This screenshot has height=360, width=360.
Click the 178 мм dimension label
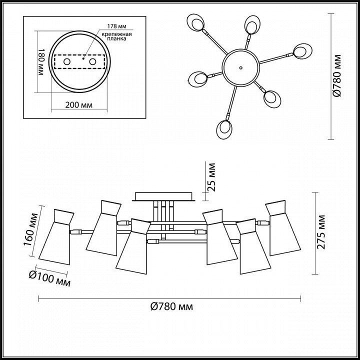[117, 26]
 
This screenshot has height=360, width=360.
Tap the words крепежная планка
[117, 36]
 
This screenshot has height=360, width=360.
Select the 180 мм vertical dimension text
[40, 62]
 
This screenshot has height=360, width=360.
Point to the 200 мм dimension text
[79, 105]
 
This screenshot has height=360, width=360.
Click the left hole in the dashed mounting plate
[67, 62]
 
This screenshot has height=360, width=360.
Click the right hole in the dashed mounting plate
[93, 62]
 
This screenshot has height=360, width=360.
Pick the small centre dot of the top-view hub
[240, 67]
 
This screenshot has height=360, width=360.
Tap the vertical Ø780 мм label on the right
[337, 76]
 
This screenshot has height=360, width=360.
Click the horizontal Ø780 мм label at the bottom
[171, 306]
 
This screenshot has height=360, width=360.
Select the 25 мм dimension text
[211, 177]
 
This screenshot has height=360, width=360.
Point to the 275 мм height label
[321, 232]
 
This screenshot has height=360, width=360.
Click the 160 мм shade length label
[31, 229]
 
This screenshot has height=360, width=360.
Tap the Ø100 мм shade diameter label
[49, 278]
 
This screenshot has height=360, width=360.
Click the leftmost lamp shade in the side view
[56, 237]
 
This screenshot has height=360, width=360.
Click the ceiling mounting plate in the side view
[163, 196]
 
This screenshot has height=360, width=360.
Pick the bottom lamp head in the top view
[224, 129]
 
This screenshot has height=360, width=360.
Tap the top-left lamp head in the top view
[195, 22]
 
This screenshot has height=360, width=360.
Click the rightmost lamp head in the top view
[302, 51]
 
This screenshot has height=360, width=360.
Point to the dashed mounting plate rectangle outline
[79, 55]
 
